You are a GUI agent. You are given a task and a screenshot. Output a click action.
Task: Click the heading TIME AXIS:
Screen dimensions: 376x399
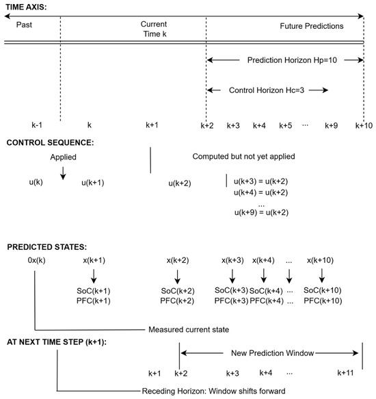click(x=26, y=7)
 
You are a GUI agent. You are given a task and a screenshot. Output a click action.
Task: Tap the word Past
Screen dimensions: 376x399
click(x=24, y=25)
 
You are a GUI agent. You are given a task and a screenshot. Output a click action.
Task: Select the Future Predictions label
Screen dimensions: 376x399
click(x=312, y=26)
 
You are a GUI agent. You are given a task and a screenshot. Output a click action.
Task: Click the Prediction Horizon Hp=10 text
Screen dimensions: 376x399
click(x=292, y=60)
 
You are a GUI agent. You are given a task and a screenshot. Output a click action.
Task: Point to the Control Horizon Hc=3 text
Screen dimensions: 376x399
click(x=267, y=90)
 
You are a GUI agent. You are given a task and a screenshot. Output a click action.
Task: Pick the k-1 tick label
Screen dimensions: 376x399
click(x=37, y=125)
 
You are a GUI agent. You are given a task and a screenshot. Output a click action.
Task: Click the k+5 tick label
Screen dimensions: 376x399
click(x=285, y=125)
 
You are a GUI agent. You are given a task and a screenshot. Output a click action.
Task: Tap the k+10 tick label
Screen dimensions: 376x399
click(x=364, y=125)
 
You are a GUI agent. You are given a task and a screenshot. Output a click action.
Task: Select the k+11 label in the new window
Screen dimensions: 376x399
click(x=345, y=373)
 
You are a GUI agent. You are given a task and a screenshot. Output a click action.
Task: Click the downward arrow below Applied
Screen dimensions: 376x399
click(x=63, y=173)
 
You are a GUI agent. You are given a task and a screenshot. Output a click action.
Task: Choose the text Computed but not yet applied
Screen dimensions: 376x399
click(x=243, y=156)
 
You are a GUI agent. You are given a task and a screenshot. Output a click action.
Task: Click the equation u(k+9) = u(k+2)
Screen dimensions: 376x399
click(x=261, y=212)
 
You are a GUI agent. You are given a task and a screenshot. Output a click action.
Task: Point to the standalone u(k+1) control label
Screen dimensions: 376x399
click(x=93, y=183)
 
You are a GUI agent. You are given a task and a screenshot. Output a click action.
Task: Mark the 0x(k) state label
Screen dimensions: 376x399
click(x=37, y=260)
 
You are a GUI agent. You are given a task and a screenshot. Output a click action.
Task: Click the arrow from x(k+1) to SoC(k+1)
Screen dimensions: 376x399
click(x=94, y=276)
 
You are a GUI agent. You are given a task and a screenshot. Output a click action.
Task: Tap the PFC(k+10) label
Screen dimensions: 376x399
click(x=323, y=300)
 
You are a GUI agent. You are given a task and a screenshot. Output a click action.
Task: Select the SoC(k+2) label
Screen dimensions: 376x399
click(x=178, y=291)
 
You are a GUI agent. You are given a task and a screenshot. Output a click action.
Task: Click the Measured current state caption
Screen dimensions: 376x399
click(x=189, y=329)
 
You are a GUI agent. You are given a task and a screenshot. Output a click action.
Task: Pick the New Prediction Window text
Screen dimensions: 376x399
click(x=273, y=353)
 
